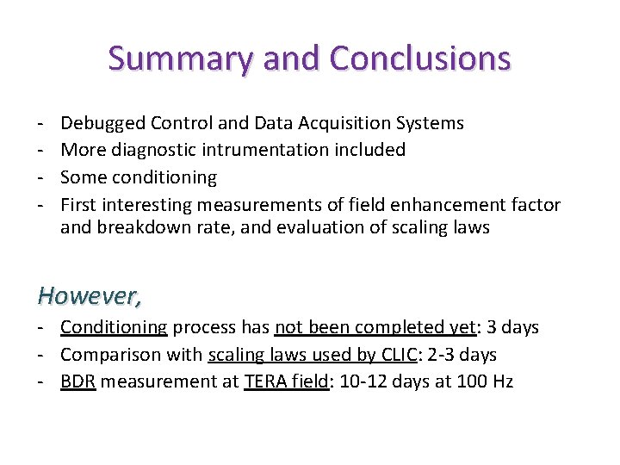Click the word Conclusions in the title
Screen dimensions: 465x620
coord(419,59)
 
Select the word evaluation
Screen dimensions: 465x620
coord(304,228)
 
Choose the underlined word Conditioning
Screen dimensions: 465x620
coord(114,327)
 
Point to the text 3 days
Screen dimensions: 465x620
coord(512,327)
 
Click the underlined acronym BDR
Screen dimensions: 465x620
coord(78,381)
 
